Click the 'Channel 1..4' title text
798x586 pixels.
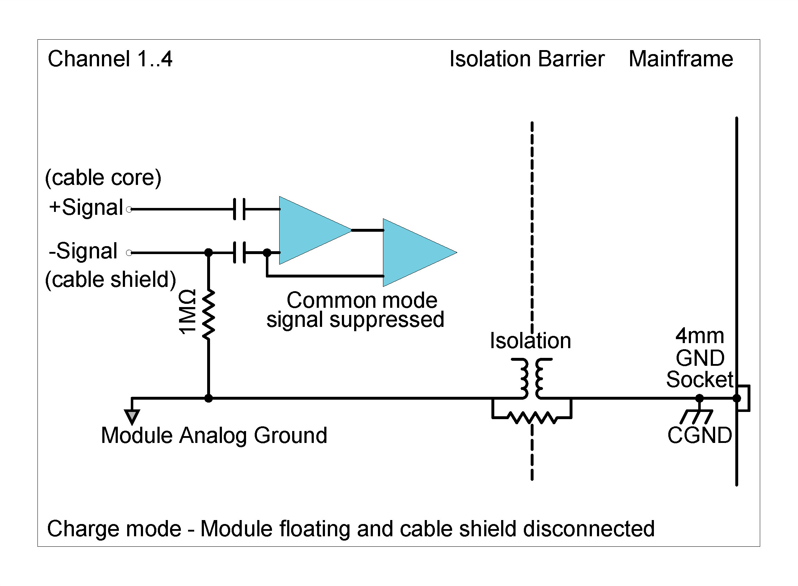pyautogui.click(x=110, y=59)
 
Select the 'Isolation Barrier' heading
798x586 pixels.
pyautogui.click(x=527, y=59)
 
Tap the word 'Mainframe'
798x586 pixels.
pyautogui.click(x=681, y=59)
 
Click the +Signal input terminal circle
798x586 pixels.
pyautogui.click(x=129, y=209)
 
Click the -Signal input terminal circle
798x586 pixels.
pyautogui.click(x=129, y=253)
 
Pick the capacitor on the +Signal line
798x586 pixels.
pyautogui.click(x=239, y=209)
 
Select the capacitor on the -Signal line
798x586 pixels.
pyautogui.click(x=239, y=253)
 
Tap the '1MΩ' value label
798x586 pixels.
pyautogui.click(x=188, y=312)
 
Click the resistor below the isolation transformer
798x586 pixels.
pyautogui.click(x=532, y=418)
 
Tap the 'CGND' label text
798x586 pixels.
pyautogui.click(x=699, y=435)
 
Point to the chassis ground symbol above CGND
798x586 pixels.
pyautogui.click(x=697, y=416)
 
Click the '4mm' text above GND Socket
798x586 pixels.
pyautogui.click(x=699, y=336)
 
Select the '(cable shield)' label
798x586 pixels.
pyautogui.click(x=110, y=279)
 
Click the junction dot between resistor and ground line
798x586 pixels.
pyautogui.click(x=208, y=398)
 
